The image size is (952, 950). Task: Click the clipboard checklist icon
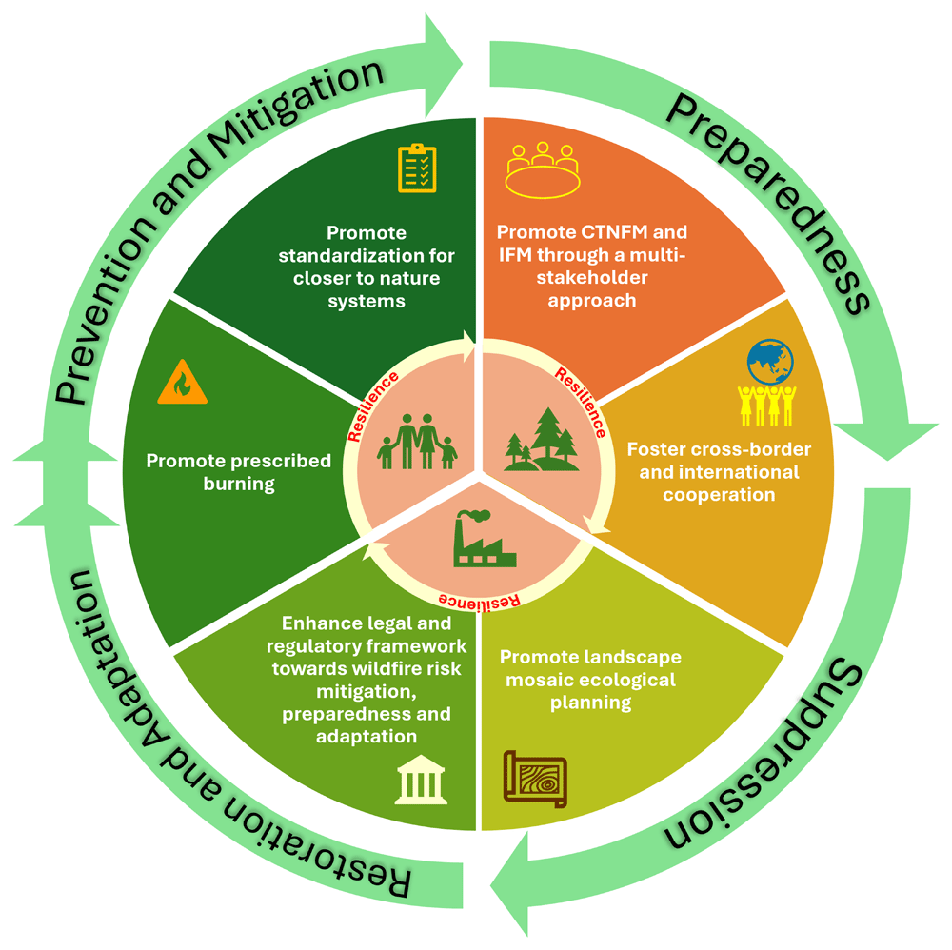click(x=417, y=168)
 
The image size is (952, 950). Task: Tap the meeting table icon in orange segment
click(x=543, y=168)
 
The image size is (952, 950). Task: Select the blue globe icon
click(x=769, y=360)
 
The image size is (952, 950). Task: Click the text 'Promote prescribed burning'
click(x=238, y=472)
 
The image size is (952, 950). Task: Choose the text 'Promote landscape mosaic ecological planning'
click(x=590, y=681)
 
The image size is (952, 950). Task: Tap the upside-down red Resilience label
click(x=478, y=600)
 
